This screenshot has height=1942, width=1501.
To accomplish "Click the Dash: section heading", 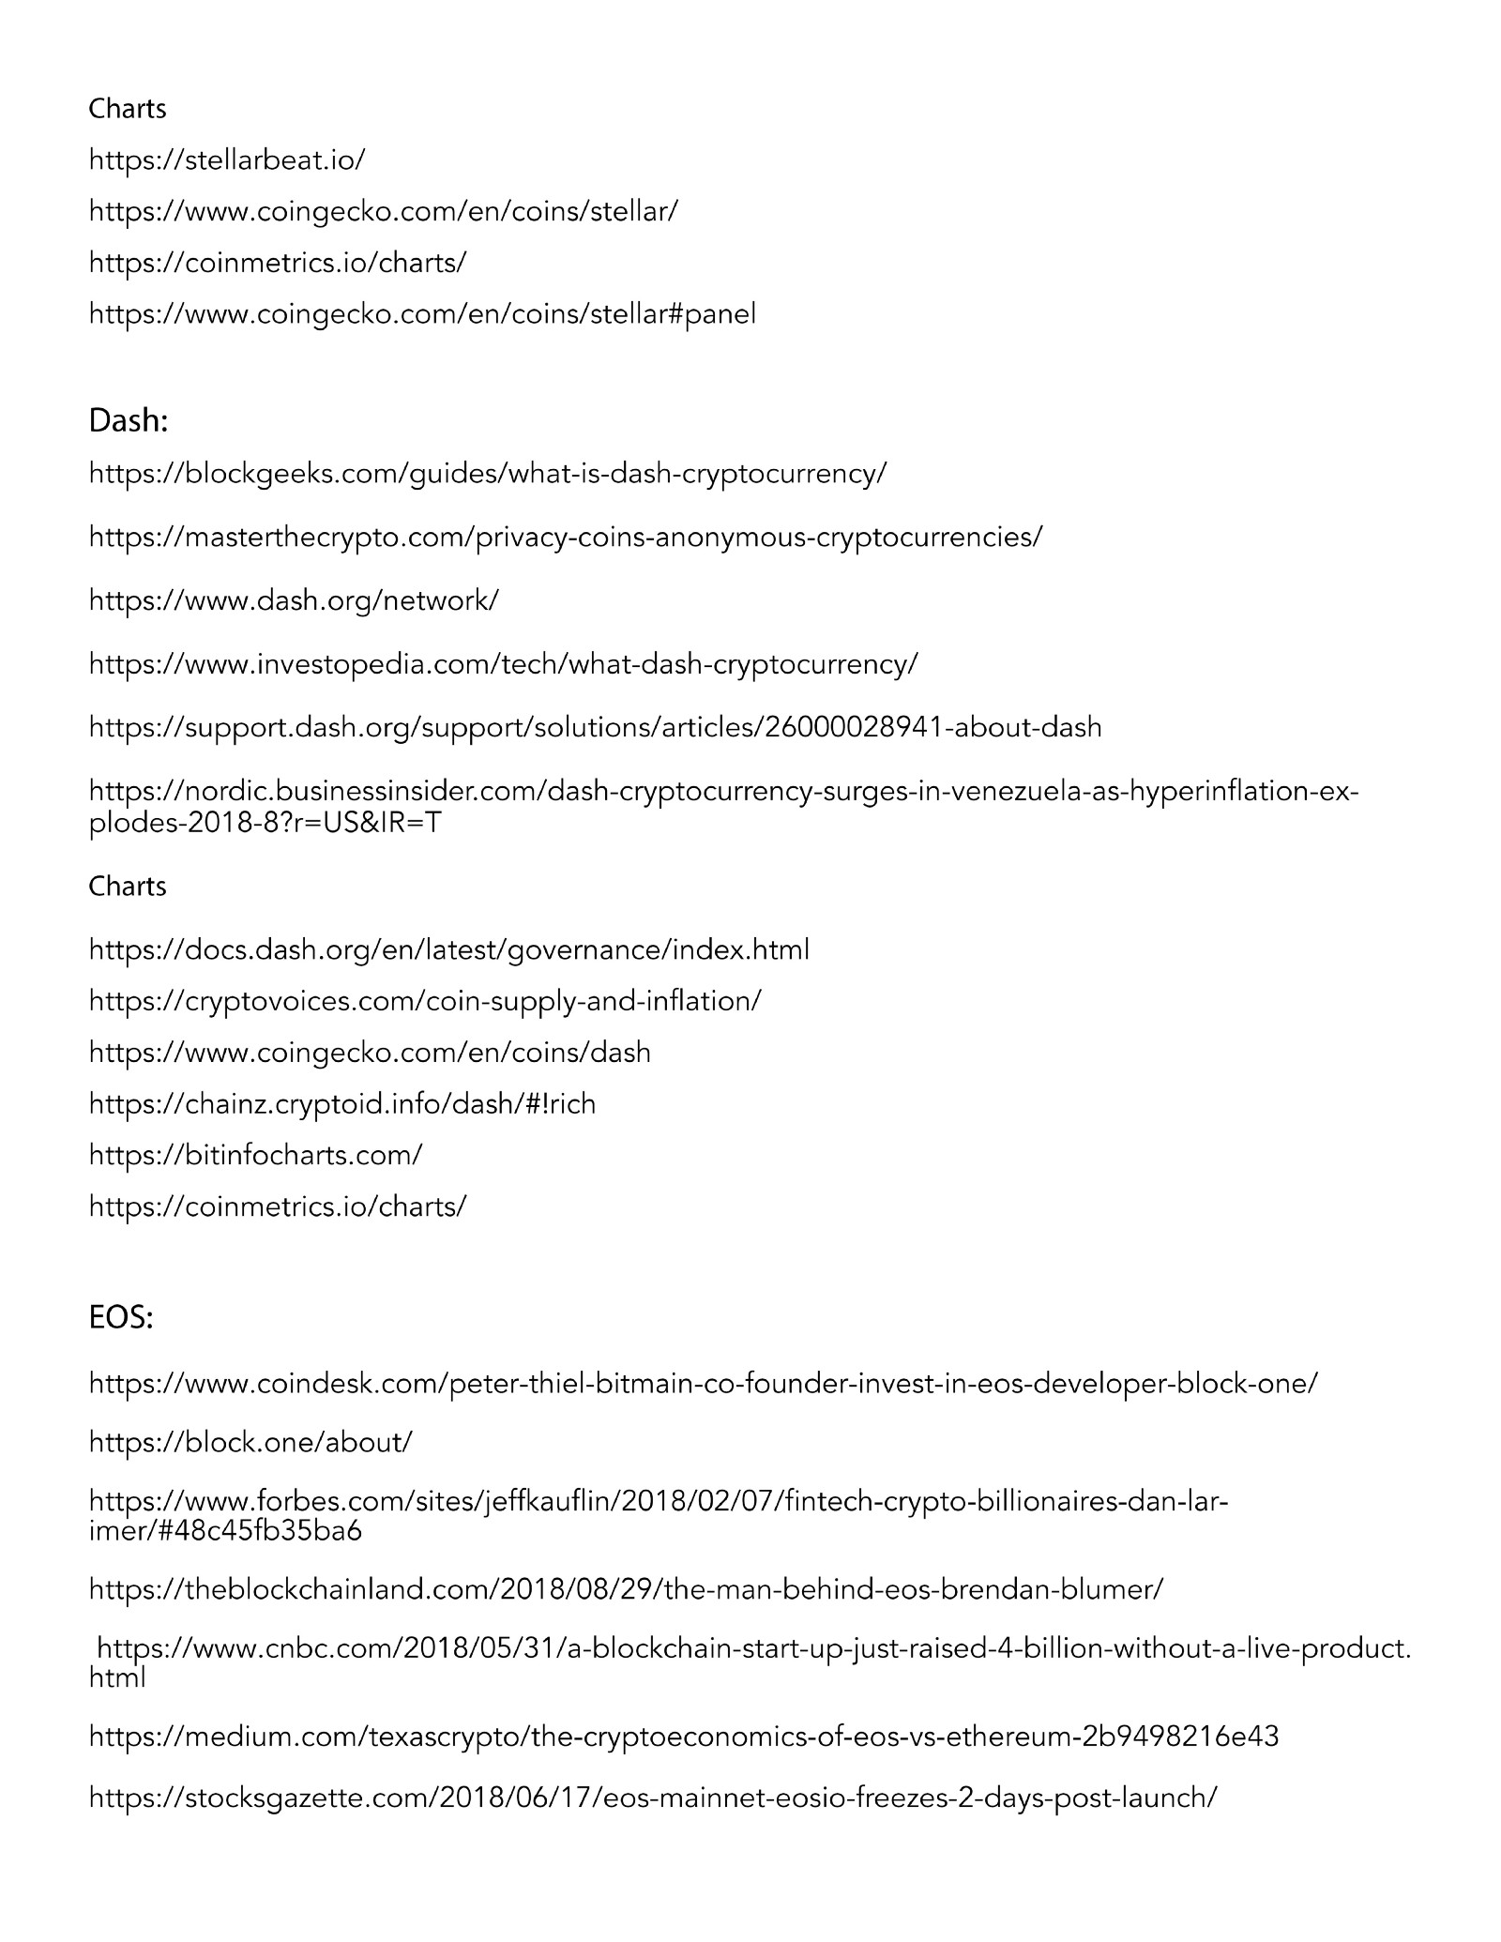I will [x=129, y=422].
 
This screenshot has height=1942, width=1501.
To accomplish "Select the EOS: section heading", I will [x=121, y=1318].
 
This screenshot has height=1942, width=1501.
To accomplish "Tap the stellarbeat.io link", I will [x=227, y=159].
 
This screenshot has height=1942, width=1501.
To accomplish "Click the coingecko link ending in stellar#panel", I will [x=422, y=313].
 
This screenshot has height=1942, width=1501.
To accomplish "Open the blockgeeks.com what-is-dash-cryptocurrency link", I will [x=487, y=473].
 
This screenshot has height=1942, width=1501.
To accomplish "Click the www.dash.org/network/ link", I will [x=294, y=600].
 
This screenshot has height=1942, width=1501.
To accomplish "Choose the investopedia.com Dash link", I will [x=504, y=664].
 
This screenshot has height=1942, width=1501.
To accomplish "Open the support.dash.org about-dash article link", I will [x=595, y=727].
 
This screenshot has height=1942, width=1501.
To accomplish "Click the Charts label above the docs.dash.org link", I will [x=128, y=887].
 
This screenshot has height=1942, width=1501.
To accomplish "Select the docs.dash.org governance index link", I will [x=448, y=950].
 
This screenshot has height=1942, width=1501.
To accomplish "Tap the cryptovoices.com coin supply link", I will [x=425, y=1001].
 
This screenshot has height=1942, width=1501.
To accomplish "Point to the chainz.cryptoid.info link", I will [x=342, y=1103].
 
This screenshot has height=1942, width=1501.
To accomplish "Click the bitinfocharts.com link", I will [x=256, y=1155].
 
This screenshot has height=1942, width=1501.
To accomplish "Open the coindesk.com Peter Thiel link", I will [x=703, y=1383].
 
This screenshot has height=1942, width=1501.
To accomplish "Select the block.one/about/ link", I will [x=250, y=1442].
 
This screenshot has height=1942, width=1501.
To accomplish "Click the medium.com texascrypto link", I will [x=684, y=1737].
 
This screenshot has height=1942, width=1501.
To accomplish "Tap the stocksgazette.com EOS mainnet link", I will [x=653, y=1798].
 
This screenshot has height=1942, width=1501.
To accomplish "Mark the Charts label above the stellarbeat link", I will [x=128, y=109].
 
